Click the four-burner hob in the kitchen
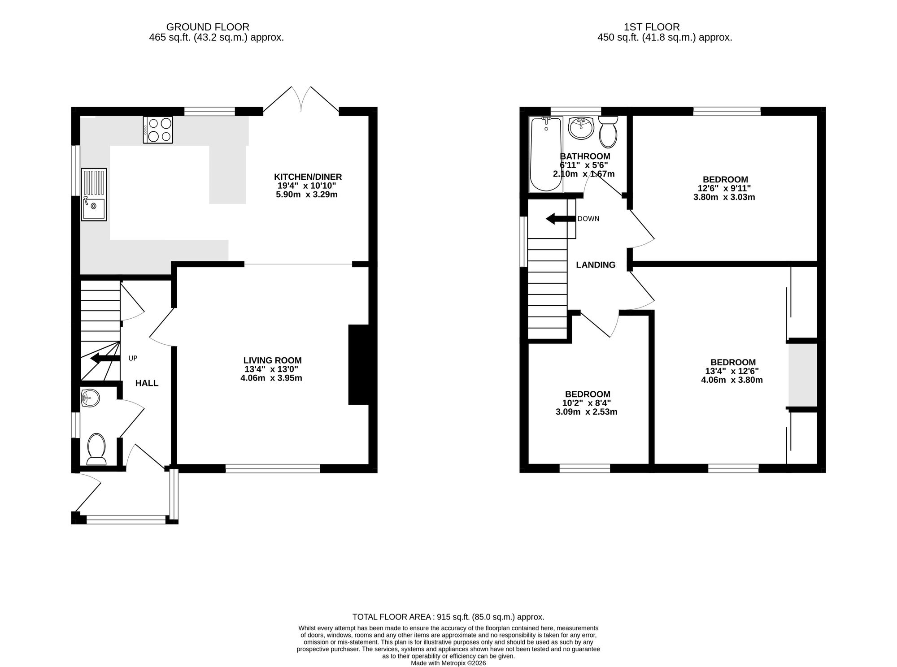(158, 130)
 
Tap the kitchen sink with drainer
(94, 194)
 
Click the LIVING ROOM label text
(272, 360)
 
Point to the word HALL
(147, 383)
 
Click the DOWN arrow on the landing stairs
(561, 219)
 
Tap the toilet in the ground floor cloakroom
(96, 449)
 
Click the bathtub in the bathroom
(546, 154)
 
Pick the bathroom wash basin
(581, 128)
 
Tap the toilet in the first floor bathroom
(608, 132)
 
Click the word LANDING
(596, 265)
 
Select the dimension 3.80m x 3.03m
(724, 197)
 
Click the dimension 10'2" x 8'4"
(587, 403)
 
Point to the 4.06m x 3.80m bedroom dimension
(732, 380)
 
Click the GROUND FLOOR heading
(208, 27)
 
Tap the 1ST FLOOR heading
(652, 27)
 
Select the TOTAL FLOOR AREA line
(448, 617)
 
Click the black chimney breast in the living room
(359, 365)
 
